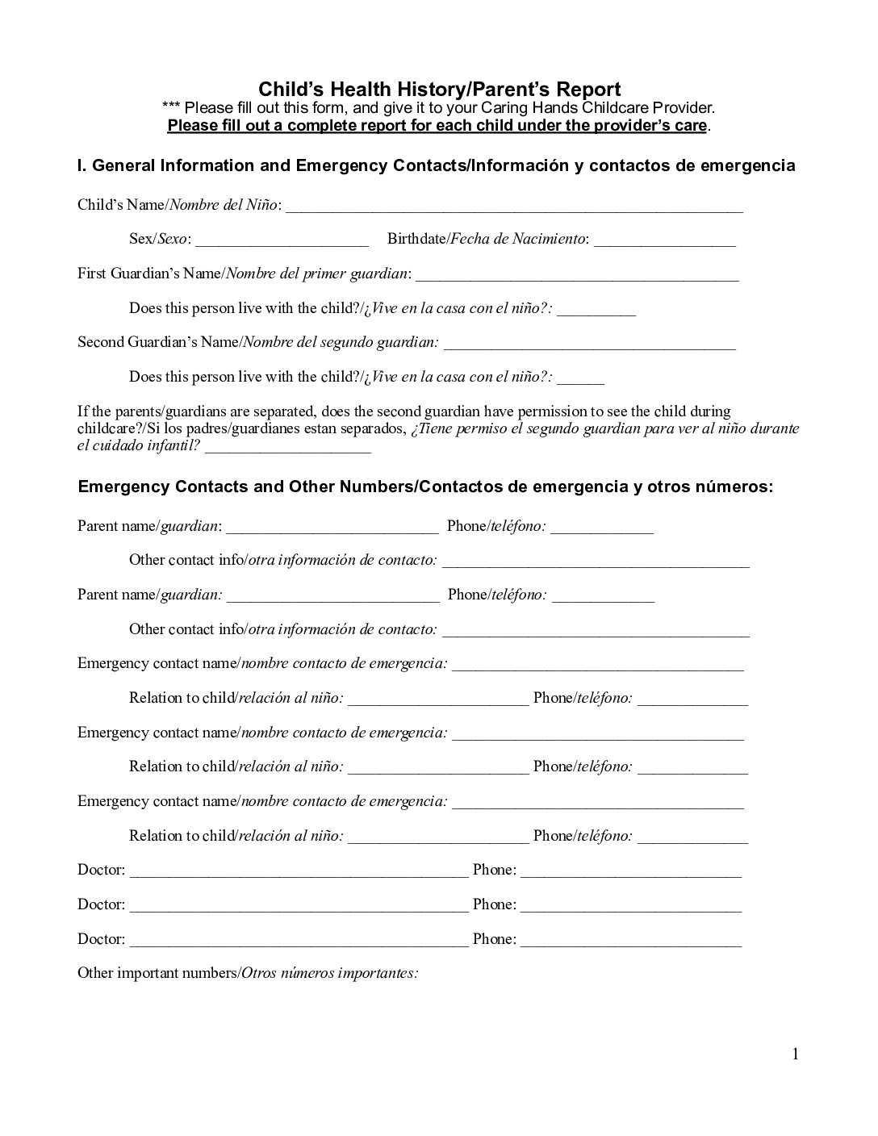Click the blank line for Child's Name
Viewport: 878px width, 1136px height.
point(514,207)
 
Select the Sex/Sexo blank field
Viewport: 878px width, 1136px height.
point(282,240)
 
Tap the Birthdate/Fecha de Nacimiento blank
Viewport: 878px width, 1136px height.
point(664,240)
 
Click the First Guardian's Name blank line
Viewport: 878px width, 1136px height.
point(577,275)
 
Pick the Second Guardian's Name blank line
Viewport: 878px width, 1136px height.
point(590,345)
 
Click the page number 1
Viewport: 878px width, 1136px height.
point(795,1054)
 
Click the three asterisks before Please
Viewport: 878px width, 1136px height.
point(170,108)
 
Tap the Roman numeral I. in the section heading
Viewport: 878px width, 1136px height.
point(82,165)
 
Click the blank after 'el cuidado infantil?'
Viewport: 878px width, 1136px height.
point(288,448)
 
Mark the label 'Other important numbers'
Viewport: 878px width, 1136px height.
point(157,973)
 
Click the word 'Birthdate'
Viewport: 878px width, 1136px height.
point(416,239)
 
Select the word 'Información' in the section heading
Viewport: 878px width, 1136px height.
point(520,165)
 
